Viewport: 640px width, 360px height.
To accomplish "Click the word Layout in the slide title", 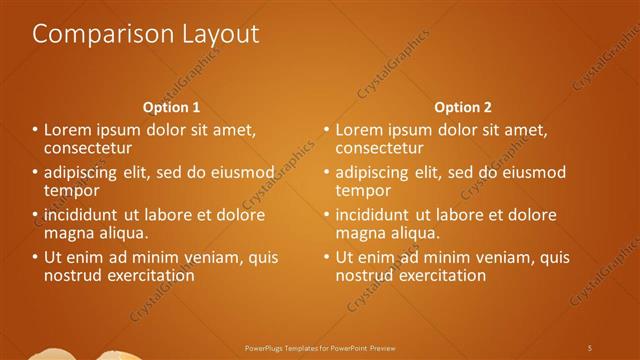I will click(x=219, y=34).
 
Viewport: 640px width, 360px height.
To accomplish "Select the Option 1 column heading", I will click(x=171, y=106).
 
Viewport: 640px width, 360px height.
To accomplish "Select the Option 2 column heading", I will click(x=462, y=106).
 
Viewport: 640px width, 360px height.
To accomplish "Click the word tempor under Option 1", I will click(x=71, y=189).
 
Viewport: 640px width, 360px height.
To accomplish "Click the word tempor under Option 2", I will click(x=363, y=189).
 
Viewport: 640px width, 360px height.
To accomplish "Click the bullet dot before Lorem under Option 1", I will click(x=35, y=130).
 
